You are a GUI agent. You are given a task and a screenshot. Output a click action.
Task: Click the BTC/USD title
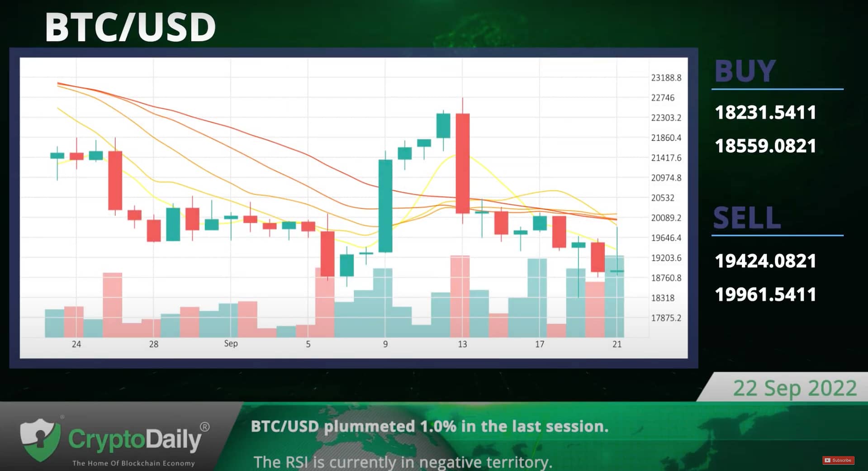130,27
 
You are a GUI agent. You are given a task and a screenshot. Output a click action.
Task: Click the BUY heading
745,71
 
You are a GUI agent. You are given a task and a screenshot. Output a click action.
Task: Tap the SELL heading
747,218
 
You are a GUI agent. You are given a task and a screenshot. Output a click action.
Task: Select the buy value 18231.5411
765,112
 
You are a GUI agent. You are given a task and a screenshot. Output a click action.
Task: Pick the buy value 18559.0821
765,146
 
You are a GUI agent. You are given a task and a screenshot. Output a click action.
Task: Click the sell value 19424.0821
765,261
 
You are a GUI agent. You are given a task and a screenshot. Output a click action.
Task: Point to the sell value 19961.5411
765,294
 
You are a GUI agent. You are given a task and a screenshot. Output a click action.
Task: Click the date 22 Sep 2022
795,388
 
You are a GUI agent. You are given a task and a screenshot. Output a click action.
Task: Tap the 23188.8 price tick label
666,78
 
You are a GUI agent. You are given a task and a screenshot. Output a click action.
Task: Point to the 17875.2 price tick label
666,318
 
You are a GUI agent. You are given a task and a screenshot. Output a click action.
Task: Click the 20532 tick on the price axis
663,198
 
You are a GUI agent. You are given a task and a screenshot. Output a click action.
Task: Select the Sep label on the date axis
231,343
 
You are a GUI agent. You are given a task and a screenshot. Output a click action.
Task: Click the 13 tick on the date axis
462,344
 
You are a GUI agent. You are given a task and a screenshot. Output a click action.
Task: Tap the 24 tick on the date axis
76,344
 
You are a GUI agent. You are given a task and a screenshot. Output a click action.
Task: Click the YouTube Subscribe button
838,460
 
